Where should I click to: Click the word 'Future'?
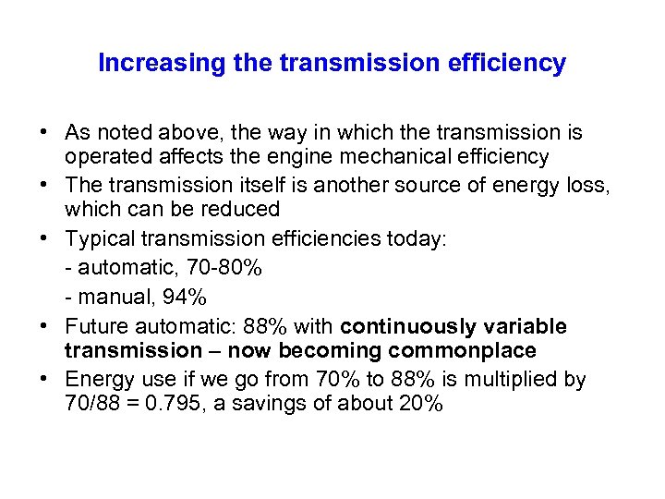pos(98,327)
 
